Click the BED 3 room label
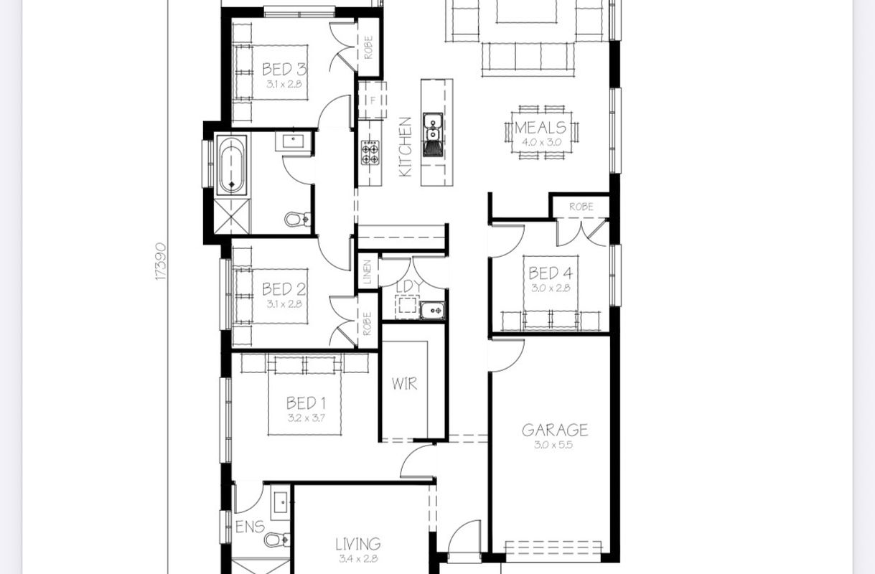[284, 69]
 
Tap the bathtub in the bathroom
[232, 165]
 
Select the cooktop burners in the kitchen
[370, 153]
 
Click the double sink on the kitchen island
[432, 127]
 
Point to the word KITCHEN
[406, 147]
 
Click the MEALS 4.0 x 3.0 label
[541, 133]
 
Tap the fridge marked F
[373, 100]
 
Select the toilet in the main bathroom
[298, 219]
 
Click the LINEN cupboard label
[368, 272]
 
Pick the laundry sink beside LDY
[432, 311]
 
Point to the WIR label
[404, 384]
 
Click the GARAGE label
[555, 430]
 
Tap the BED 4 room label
[551, 273]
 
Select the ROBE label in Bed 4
[581, 207]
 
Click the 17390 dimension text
[161, 261]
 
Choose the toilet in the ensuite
[277, 540]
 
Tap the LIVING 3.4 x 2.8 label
[358, 550]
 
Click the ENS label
[250, 527]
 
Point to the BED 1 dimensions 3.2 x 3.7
[307, 418]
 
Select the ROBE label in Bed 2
[367, 324]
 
